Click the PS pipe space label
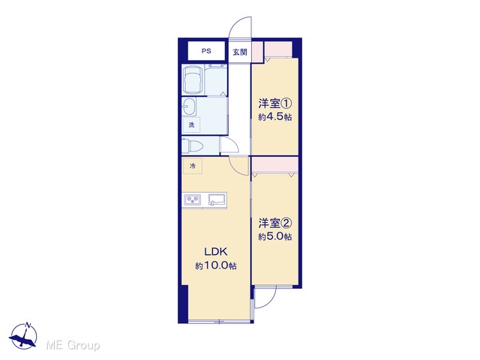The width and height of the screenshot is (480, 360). (x=206, y=51)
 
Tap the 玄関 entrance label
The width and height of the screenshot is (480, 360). (x=240, y=52)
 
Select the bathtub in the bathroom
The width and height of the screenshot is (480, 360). (x=193, y=79)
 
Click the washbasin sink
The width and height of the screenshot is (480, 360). (x=189, y=106)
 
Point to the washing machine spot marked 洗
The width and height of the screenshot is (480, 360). (x=191, y=125)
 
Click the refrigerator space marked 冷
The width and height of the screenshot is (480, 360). (x=192, y=166)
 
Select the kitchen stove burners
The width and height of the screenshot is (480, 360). (x=193, y=200)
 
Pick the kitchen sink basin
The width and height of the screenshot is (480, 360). (x=217, y=199)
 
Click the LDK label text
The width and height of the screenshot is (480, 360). (x=216, y=252)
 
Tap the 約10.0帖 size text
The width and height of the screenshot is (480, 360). (x=216, y=265)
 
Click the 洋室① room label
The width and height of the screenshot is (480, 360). (x=275, y=103)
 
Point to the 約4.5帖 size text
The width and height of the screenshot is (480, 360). (x=275, y=117)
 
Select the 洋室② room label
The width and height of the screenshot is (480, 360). (x=275, y=223)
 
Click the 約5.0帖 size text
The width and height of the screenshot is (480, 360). (x=275, y=237)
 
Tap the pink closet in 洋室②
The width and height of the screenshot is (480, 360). (x=275, y=165)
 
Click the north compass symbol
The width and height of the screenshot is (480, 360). (x=23, y=336)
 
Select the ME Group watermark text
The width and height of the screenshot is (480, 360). (x=73, y=345)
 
